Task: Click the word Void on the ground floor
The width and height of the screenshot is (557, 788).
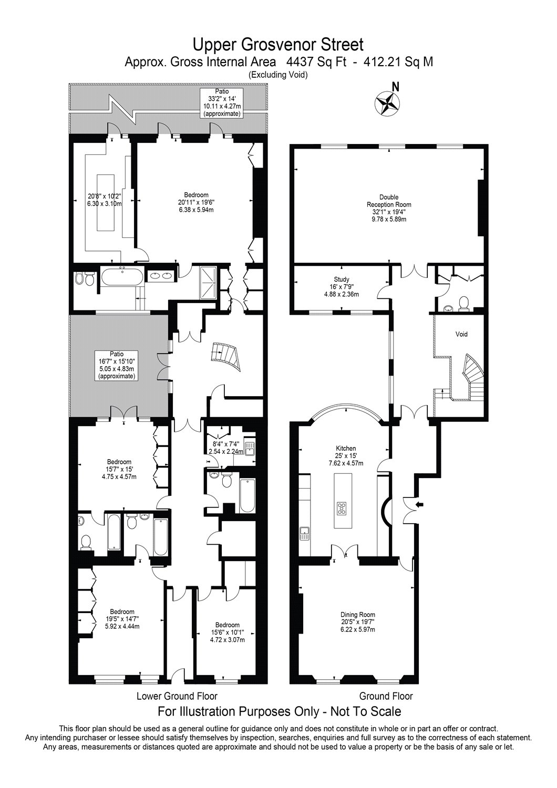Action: point(461,334)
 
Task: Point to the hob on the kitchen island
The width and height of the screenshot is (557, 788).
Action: point(342,508)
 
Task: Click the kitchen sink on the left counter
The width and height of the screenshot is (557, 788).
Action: point(304,534)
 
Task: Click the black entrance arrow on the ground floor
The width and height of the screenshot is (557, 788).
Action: point(419,505)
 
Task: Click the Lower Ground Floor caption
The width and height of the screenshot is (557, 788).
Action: point(177,697)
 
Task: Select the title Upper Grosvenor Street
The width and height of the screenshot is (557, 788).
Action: point(278,43)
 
